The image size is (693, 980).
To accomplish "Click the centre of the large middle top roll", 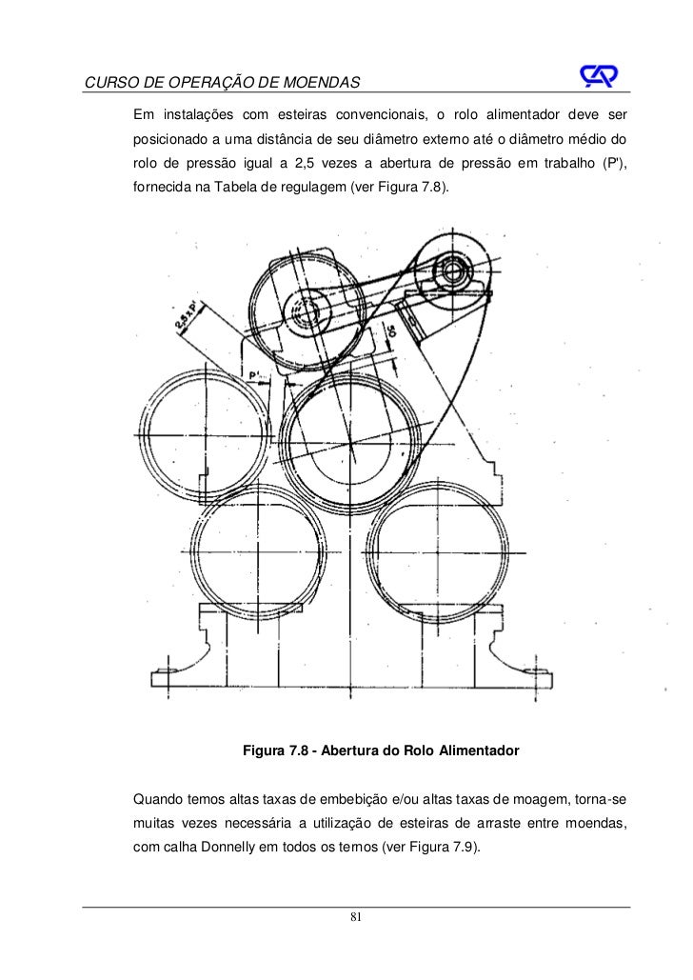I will [x=352, y=444].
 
